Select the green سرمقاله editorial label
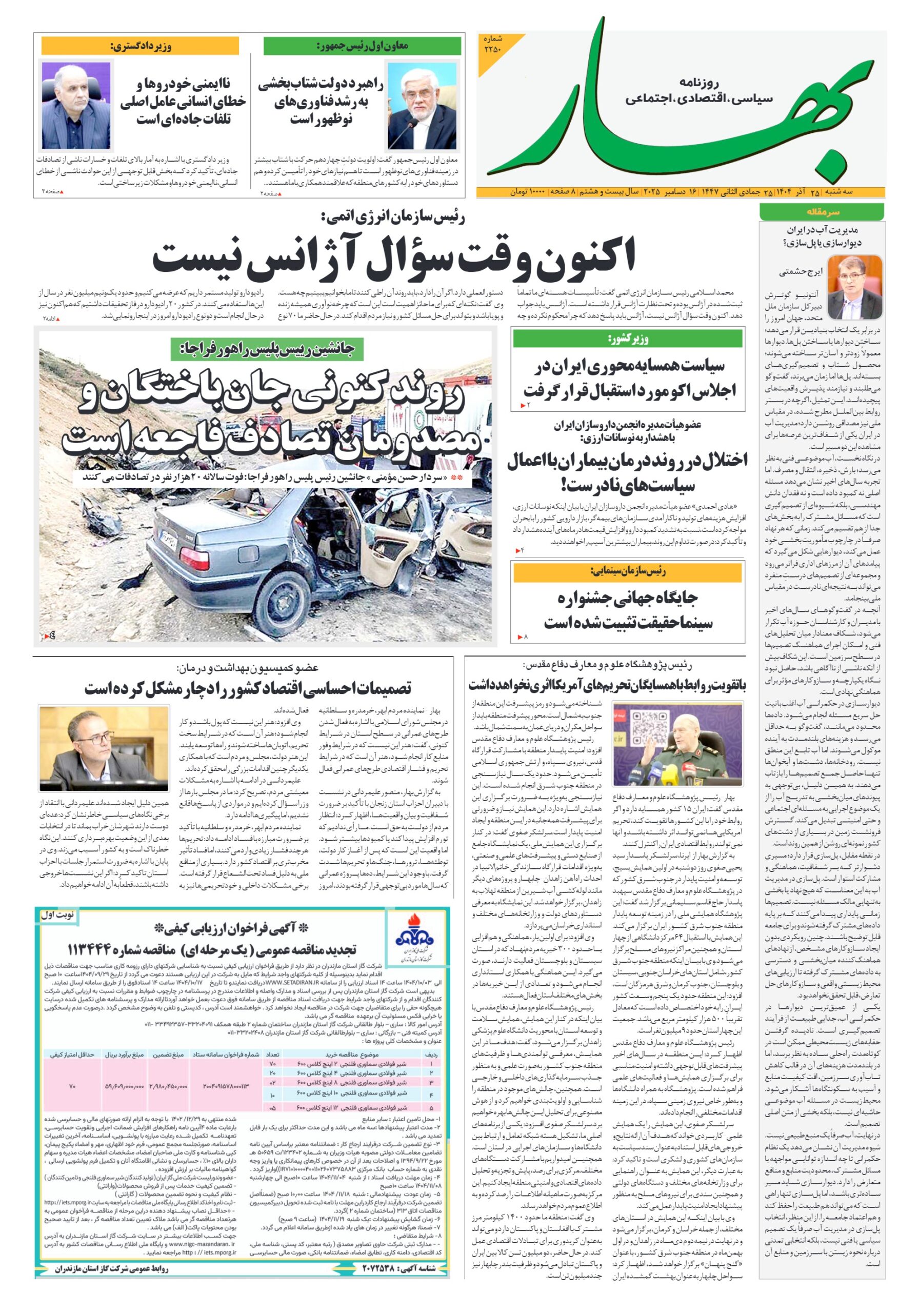821,212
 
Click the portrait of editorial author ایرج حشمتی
854,288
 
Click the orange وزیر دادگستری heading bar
140,46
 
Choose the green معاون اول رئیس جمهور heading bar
362,46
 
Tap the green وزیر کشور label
627,339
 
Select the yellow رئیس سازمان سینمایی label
627,571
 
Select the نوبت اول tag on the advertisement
56,915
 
